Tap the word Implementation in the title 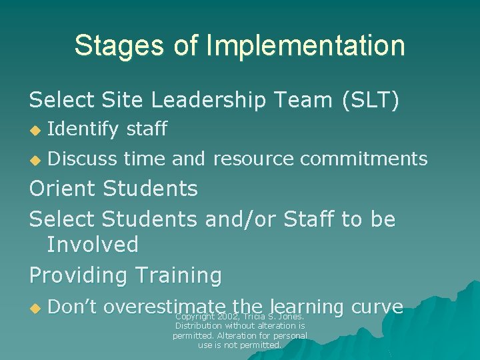(x=305, y=45)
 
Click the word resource (x=253, y=159)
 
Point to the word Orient (x=63, y=189)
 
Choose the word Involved (x=93, y=245)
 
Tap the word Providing (x=79, y=275)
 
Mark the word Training (x=179, y=275)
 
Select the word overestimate (x=163, y=307)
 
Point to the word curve (x=377, y=307)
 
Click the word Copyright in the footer (x=194, y=316)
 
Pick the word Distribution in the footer (x=201, y=326)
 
